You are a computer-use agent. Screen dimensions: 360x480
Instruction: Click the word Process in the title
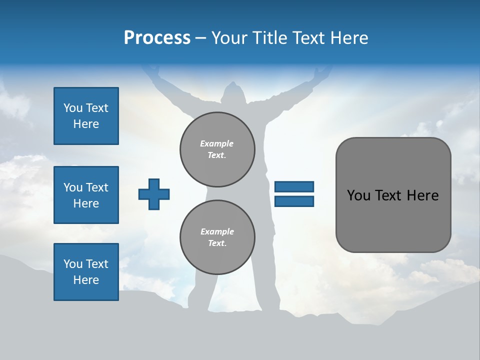click(x=157, y=38)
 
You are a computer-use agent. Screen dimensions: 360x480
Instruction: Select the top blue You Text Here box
click(x=86, y=116)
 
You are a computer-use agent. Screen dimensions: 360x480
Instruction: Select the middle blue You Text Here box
click(x=86, y=195)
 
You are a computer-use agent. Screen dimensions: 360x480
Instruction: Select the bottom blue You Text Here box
click(x=86, y=272)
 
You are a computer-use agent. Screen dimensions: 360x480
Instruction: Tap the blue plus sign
click(x=154, y=194)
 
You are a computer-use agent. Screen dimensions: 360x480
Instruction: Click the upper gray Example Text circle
click(x=217, y=149)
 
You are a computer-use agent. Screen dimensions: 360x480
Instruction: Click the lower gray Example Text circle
click(x=217, y=237)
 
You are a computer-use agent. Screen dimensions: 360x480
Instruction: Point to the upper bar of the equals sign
click(x=294, y=187)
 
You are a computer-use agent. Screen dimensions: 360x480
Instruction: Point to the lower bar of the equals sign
click(x=294, y=201)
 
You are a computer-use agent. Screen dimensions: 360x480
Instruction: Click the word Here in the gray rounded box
click(x=422, y=195)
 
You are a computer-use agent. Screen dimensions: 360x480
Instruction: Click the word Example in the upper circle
click(x=217, y=143)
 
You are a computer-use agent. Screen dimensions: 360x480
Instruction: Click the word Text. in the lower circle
click(x=217, y=243)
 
